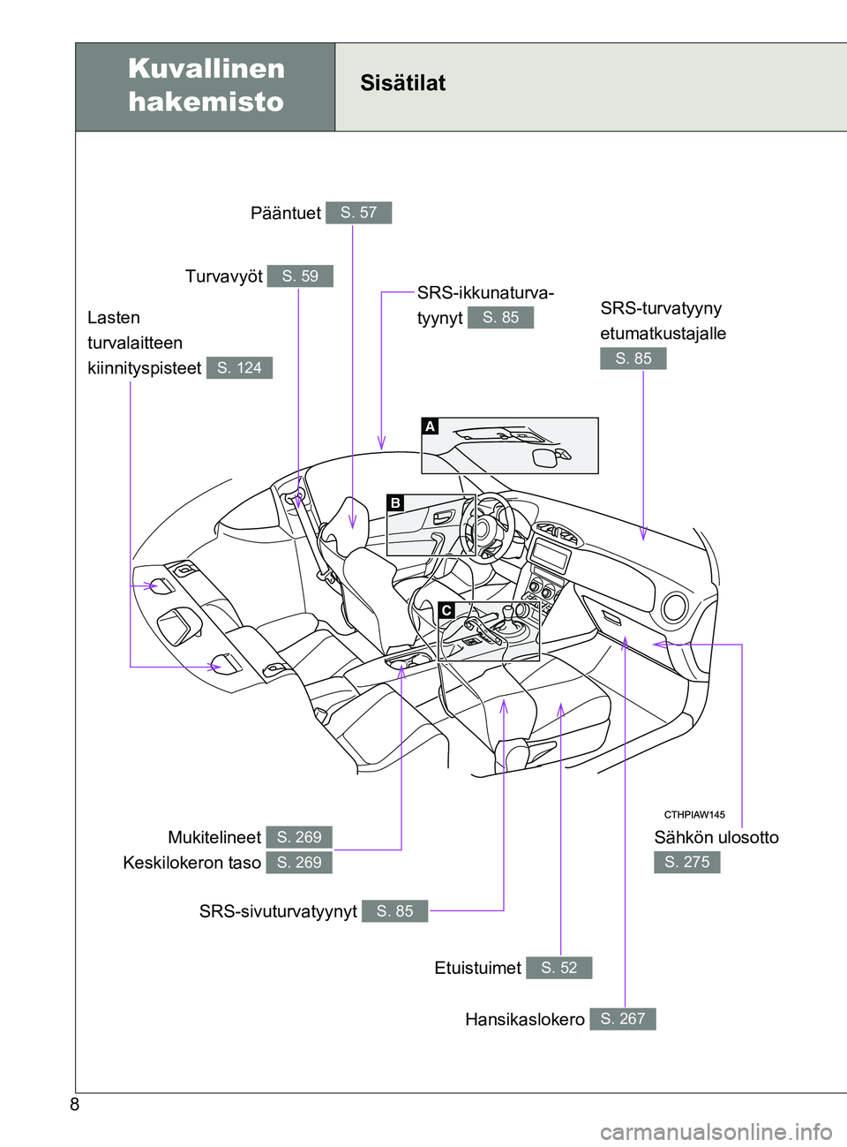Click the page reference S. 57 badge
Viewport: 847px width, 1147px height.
(x=358, y=213)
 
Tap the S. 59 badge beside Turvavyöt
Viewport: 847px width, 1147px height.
(x=300, y=276)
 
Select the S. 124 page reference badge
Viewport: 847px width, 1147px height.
(x=239, y=368)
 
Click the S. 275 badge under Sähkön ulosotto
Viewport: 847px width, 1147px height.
(x=687, y=862)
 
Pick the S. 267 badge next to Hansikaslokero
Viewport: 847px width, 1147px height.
(x=623, y=1019)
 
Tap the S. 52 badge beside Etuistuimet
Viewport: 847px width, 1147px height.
(x=558, y=968)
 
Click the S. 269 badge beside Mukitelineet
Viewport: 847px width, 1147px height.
(x=299, y=837)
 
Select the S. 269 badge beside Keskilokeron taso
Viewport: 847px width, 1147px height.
(x=299, y=863)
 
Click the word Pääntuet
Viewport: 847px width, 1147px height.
(x=286, y=213)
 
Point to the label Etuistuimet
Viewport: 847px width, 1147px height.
(x=477, y=968)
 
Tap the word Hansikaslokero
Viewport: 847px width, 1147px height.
(x=524, y=1019)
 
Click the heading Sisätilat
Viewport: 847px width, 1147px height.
(x=403, y=83)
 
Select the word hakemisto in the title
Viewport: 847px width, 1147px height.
(x=206, y=102)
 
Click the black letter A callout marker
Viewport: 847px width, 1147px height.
(x=430, y=426)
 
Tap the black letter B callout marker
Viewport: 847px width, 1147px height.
(x=395, y=502)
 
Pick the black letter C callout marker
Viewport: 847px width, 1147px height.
(x=446, y=610)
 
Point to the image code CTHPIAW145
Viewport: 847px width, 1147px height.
(x=694, y=815)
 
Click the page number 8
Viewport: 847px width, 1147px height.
(x=75, y=1105)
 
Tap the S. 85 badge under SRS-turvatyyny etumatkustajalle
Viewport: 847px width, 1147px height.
(x=633, y=358)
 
